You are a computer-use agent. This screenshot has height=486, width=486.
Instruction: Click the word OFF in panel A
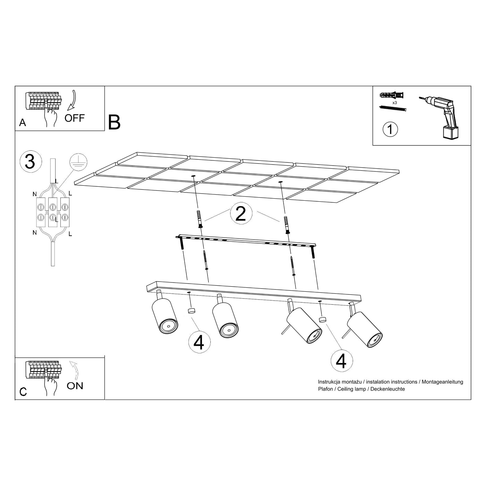pyautogui.click(x=74, y=118)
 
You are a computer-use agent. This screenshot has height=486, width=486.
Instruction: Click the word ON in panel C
pyautogui.click(x=75, y=386)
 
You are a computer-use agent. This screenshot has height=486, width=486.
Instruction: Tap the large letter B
pyautogui.click(x=114, y=122)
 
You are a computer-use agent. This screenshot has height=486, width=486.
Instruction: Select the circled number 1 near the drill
pyautogui.click(x=390, y=129)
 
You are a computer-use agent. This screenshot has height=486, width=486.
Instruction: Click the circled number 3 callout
pyautogui.click(x=31, y=162)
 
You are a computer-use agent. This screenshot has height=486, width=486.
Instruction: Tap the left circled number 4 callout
pyautogui.click(x=199, y=342)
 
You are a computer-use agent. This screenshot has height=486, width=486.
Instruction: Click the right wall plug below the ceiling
pyautogui.click(x=287, y=225)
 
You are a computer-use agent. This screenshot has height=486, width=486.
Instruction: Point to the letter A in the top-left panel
pyautogui.click(x=23, y=123)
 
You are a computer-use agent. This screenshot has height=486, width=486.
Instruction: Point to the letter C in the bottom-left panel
pyautogui.click(x=23, y=392)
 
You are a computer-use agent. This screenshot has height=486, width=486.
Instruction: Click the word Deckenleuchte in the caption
pyautogui.click(x=387, y=389)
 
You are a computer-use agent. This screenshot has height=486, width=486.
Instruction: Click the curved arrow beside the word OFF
pyautogui.click(x=72, y=100)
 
